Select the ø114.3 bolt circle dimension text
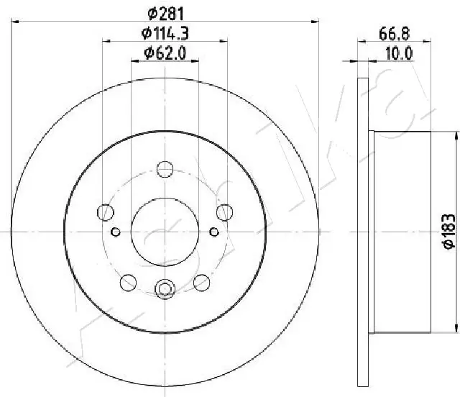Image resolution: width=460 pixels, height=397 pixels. pyautogui.click(x=165, y=32)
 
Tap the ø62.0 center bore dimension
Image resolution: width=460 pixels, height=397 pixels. pyautogui.click(x=165, y=52)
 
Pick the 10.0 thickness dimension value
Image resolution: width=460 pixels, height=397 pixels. pyautogui.click(x=400, y=52)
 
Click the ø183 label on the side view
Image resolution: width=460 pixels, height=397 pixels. pyautogui.click(x=447, y=232)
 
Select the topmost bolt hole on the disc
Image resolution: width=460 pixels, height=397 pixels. pyautogui.click(x=165, y=169)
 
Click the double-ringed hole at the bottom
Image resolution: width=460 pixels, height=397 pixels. pyautogui.click(x=165, y=289)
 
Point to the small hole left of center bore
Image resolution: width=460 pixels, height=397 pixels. pyautogui.click(x=116, y=232)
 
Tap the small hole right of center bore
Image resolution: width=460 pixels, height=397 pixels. pyautogui.click(x=213, y=232)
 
